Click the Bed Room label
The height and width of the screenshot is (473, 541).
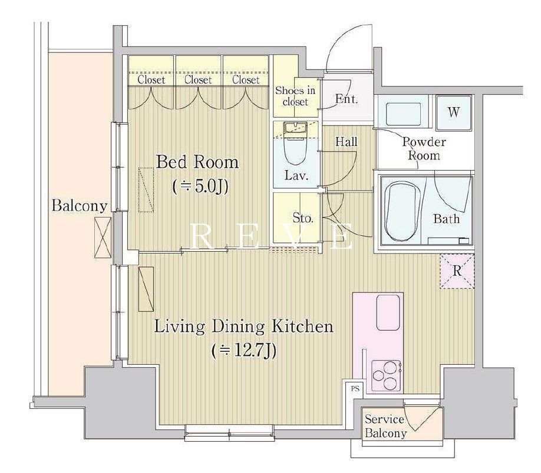(x=197, y=162)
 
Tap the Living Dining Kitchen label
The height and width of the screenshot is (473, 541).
(x=243, y=327)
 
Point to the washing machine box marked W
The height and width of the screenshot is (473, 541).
(x=454, y=112)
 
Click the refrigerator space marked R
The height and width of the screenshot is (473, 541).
(x=457, y=271)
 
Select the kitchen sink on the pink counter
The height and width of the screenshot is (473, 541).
(x=389, y=312)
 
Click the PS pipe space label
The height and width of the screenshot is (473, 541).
(x=355, y=389)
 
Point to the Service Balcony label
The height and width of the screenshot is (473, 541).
(x=385, y=426)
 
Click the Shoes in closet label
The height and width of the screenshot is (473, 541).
(x=295, y=96)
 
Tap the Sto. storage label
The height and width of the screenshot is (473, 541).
(x=303, y=218)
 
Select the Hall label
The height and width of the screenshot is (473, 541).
(x=347, y=141)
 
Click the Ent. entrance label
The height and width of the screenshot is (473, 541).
(x=347, y=99)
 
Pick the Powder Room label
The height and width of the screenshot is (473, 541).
(x=424, y=148)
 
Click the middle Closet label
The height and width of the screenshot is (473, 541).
(x=197, y=80)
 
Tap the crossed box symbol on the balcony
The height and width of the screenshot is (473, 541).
(x=103, y=237)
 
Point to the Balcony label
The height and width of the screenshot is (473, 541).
(x=80, y=206)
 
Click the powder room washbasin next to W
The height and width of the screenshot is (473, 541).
(x=403, y=114)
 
